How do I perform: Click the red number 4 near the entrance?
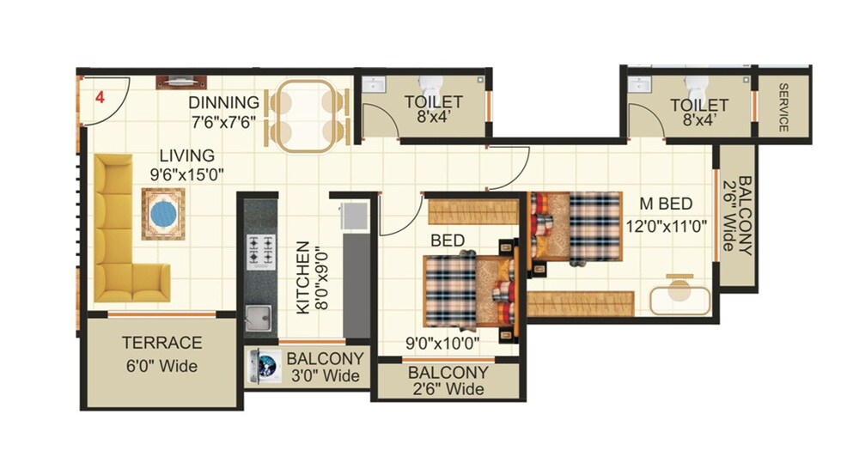[100, 97]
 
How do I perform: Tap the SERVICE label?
[783, 107]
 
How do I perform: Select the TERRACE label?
[161, 343]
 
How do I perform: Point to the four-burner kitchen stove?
[261, 249]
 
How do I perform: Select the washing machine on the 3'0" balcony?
[264, 364]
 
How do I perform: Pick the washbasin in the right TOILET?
[639, 84]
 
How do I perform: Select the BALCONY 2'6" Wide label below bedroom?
[448, 381]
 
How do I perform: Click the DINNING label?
[223, 103]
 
